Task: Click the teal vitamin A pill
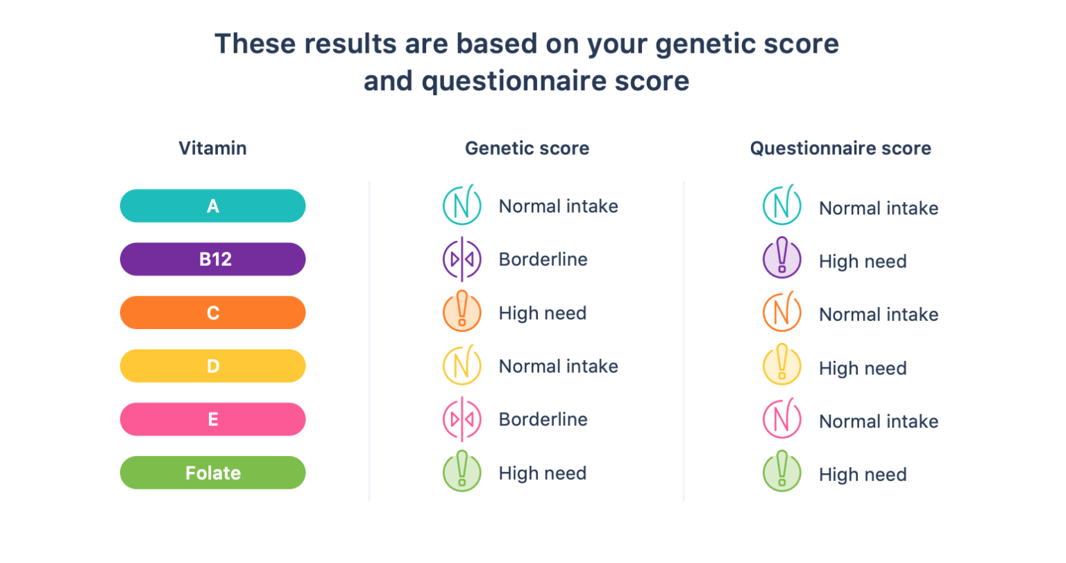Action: (x=212, y=206)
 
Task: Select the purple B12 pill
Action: (x=212, y=260)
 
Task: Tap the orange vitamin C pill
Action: (x=212, y=313)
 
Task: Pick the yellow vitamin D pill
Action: (x=212, y=366)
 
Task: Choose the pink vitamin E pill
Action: (x=212, y=419)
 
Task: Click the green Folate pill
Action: (x=212, y=473)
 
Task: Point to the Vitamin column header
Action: (x=212, y=149)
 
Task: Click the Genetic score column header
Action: (x=527, y=149)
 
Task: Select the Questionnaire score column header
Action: (x=840, y=149)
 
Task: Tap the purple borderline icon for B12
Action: (x=462, y=260)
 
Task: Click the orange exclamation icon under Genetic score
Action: (x=462, y=312)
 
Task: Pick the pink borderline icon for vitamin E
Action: (x=462, y=419)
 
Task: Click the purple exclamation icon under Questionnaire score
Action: (x=782, y=259)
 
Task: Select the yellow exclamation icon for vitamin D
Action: (x=782, y=366)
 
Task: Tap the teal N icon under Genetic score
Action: (x=462, y=205)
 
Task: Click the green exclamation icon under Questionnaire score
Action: (x=782, y=473)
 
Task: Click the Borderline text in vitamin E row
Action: (x=543, y=419)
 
